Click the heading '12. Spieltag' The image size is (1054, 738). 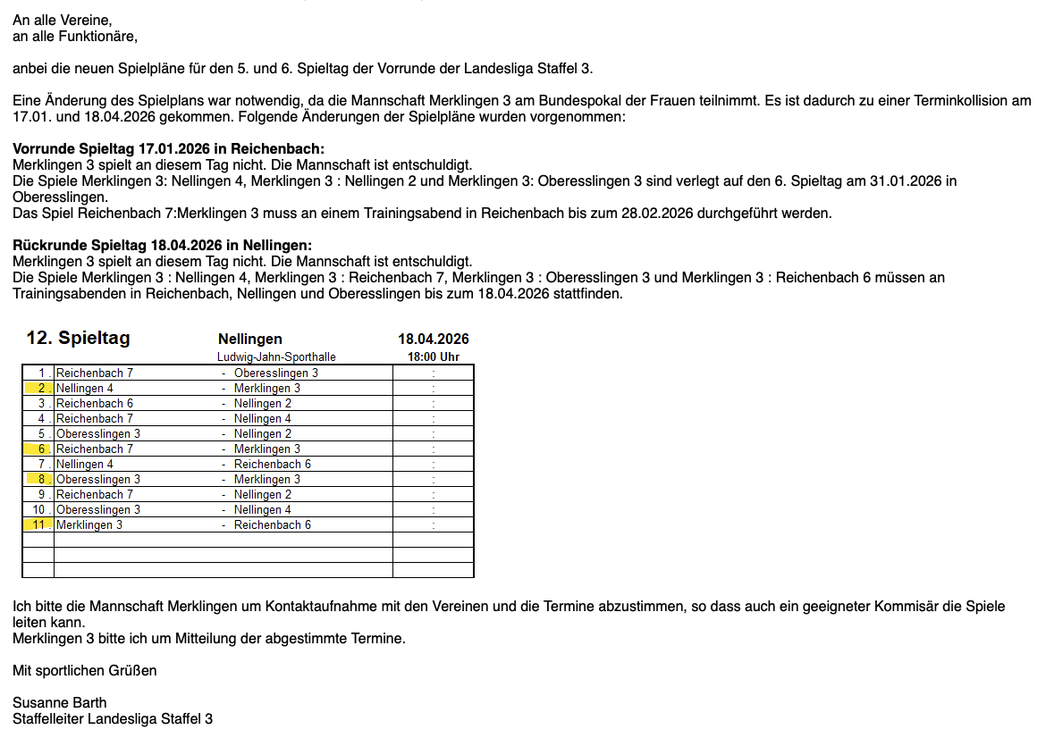click(79, 338)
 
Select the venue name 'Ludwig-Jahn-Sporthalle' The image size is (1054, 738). click(276, 356)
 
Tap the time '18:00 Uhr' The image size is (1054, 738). click(433, 356)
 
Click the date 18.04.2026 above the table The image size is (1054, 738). click(433, 339)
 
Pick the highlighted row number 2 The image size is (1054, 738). click(40, 388)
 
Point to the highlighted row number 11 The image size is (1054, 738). click(38, 524)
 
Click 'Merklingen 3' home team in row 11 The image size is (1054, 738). click(89, 524)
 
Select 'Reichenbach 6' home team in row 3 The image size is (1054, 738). click(95, 403)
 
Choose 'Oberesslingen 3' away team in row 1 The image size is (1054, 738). click(275, 373)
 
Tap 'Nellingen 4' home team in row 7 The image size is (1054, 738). click(85, 464)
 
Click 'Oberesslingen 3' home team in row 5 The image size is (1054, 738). click(98, 433)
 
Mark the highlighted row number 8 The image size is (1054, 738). click(40, 479)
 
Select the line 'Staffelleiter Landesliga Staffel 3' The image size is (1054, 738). click(113, 718)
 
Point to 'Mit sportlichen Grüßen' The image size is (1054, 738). click(85, 670)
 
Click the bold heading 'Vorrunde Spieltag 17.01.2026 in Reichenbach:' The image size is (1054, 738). click(168, 148)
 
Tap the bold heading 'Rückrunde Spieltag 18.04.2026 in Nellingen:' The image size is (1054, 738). click(162, 246)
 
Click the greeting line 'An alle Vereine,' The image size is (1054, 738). click(63, 21)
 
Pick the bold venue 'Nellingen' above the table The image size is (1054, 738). click(250, 339)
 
